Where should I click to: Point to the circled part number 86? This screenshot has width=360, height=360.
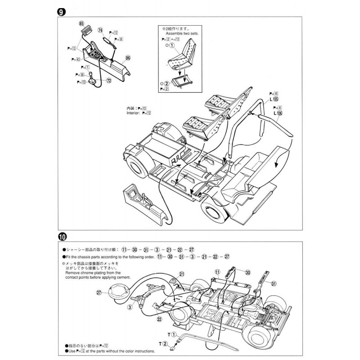pyautogui.click(x=128, y=58)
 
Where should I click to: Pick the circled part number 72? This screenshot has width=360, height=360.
pyautogui.click(x=109, y=80)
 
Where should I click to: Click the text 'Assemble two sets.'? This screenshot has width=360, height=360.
pyautogui.click(x=179, y=33)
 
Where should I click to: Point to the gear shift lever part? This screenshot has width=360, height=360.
pyautogui.click(x=91, y=80)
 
